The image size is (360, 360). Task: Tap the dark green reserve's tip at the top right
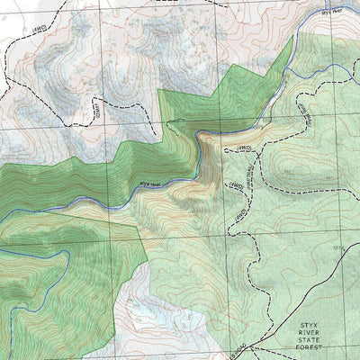point(292,44)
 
